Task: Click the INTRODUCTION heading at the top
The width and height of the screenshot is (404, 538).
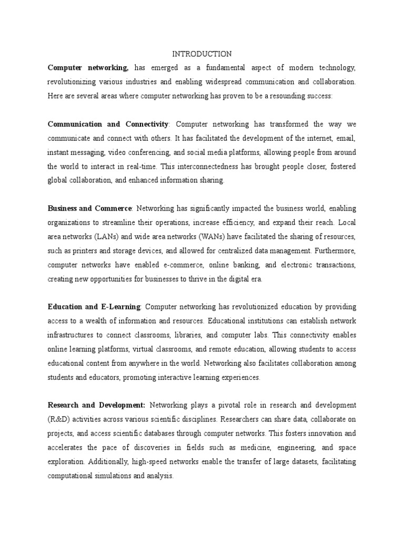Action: (202, 54)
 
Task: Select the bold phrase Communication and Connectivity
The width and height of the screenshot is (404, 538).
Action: (108, 124)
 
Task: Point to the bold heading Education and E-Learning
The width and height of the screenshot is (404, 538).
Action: (94, 306)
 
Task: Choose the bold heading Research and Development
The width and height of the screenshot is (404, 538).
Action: (96, 405)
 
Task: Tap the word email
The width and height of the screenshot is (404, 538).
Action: (346, 138)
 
